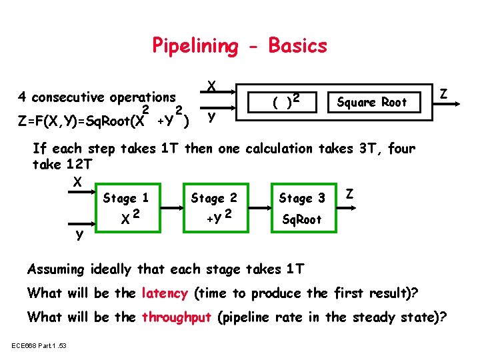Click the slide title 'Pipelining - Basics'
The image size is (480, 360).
click(240, 45)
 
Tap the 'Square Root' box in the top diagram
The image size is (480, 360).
click(371, 102)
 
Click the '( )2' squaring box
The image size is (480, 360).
click(283, 101)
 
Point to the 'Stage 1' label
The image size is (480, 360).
click(125, 198)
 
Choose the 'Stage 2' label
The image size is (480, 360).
click(214, 197)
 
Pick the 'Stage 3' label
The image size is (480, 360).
click(302, 198)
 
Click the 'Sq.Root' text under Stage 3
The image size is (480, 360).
click(302, 219)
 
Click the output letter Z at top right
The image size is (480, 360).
click(444, 89)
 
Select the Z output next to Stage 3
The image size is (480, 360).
click(350, 194)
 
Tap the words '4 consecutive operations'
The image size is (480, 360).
click(97, 97)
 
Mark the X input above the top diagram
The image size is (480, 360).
click(211, 86)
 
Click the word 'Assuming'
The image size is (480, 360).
click(56, 269)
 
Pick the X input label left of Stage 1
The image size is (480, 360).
click(77, 182)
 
